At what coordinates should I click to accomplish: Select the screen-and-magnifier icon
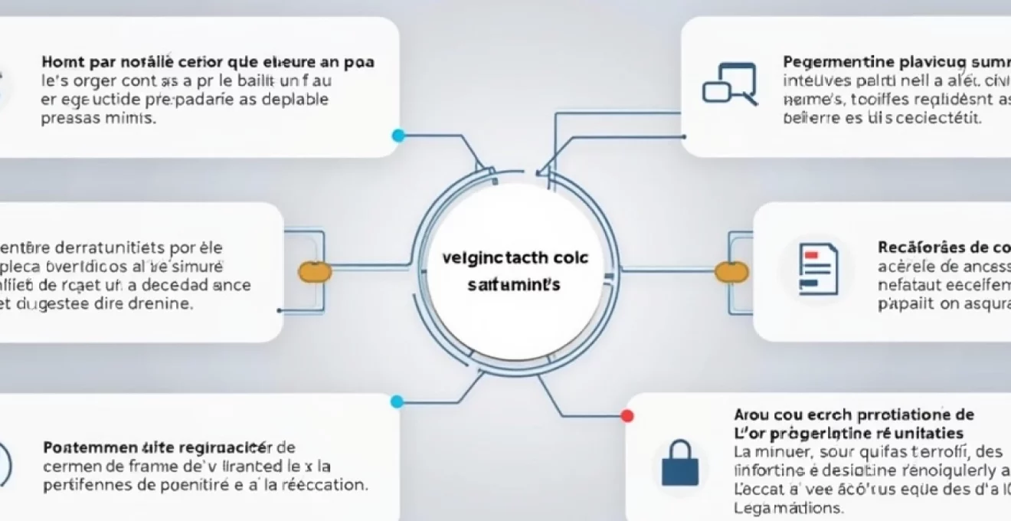(729, 84)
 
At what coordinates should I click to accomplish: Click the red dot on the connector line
(628, 416)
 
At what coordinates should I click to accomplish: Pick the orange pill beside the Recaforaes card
(731, 270)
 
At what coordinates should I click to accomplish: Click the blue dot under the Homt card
(398, 136)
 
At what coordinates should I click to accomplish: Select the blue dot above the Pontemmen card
(397, 401)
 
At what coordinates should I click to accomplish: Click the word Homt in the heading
(61, 61)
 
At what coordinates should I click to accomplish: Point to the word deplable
(293, 100)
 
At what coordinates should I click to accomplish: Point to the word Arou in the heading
(750, 415)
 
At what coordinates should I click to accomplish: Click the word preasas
(67, 119)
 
